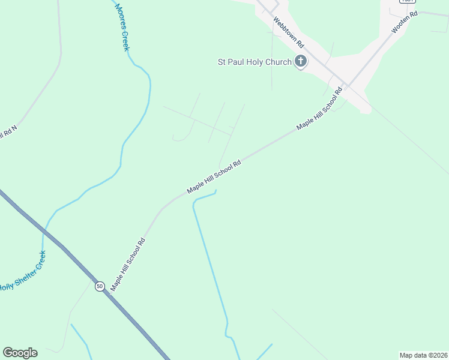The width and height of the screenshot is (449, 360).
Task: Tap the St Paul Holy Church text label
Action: pos(255,62)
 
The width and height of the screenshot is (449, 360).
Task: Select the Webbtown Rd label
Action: pos(289,32)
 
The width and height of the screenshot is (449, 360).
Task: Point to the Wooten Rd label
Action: pos(404,22)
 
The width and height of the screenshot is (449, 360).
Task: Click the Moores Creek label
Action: pos(122,25)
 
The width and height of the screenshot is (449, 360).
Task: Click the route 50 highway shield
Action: pos(100,286)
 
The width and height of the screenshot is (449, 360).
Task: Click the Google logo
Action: pos(20,353)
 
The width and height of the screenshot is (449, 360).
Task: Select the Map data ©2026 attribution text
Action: pos(423,355)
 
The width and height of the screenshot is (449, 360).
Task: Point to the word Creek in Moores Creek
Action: pos(125,40)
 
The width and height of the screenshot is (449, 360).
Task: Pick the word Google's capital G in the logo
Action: pos(8,352)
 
